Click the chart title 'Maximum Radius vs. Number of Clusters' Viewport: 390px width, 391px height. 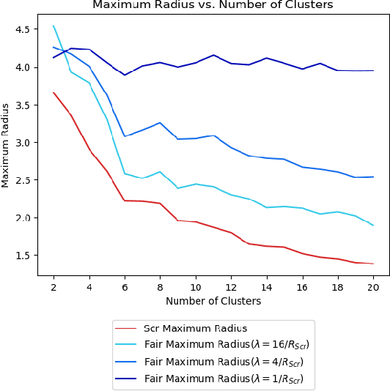coord(212,5)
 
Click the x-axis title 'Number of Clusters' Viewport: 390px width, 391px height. coord(213,300)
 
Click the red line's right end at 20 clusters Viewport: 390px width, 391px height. coord(373,264)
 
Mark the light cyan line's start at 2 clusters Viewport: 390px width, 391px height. coord(54,26)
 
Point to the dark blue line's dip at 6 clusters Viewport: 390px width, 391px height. coord(125,75)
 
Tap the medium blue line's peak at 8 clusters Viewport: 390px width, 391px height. coord(160,122)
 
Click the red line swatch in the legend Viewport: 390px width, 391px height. coord(126,327)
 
